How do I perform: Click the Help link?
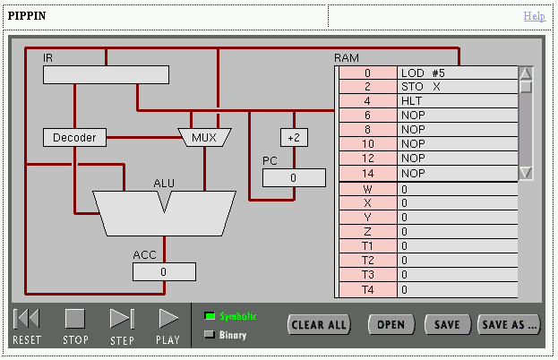[534, 16]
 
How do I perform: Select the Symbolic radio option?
[210, 316]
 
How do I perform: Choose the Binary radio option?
[210, 335]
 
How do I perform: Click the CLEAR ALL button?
[319, 324]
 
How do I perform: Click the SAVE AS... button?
[510, 324]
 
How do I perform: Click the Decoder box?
[74, 137]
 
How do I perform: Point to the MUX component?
[205, 137]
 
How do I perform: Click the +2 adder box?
[294, 137]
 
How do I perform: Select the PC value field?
[294, 178]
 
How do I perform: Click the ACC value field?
[164, 271]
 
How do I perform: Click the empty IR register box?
[105, 75]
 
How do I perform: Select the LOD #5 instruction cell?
[457, 73]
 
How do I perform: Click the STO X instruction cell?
[457, 87]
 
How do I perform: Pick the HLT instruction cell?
[457, 101]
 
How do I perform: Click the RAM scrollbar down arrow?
[526, 173]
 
